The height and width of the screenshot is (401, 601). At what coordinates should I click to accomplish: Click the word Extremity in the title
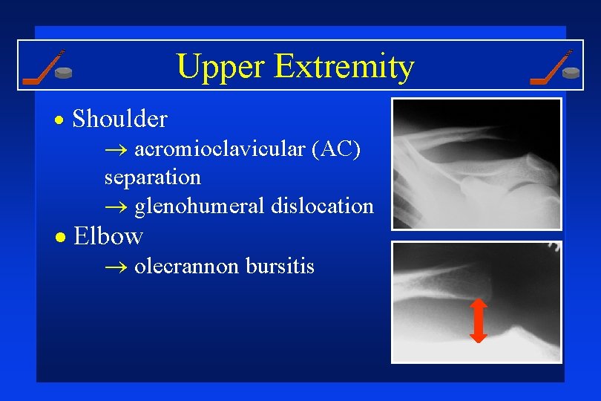tap(344, 68)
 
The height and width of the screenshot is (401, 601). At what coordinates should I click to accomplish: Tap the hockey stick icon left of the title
tap(42, 67)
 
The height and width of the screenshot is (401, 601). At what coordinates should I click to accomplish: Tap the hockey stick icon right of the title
tap(550, 67)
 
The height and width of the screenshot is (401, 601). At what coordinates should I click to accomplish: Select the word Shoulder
tap(121, 119)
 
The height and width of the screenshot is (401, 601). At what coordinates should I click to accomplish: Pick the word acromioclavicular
tap(220, 149)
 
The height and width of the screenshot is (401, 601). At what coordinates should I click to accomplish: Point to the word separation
tap(152, 177)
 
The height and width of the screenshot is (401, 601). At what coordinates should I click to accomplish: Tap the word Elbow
tap(108, 236)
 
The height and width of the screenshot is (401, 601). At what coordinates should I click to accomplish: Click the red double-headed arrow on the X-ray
tap(479, 320)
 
